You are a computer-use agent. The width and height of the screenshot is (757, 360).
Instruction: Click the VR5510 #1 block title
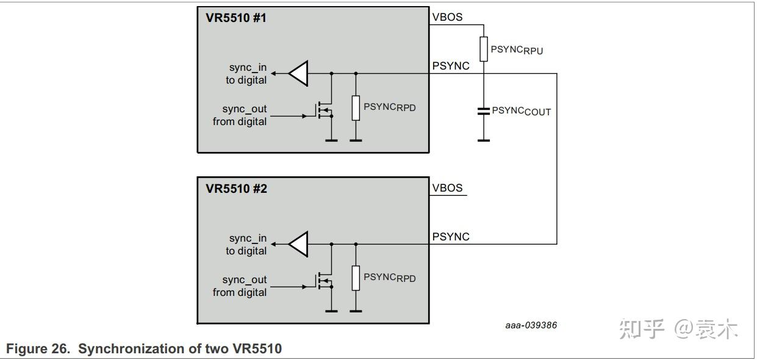tap(236, 18)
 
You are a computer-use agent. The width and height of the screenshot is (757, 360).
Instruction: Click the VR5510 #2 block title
tap(236, 189)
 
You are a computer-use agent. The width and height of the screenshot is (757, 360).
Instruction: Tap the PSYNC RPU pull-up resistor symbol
tap(484, 49)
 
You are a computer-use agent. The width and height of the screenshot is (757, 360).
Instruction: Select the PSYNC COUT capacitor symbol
tap(484, 111)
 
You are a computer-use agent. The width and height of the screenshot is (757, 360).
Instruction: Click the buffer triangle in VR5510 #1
tap(298, 73)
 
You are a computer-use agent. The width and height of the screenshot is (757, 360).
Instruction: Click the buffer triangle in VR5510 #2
tap(298, 244)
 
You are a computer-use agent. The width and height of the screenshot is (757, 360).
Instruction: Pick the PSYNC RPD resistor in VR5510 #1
tap(356, 107)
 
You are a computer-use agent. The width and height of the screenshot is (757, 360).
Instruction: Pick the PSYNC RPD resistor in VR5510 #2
tap(356, 278)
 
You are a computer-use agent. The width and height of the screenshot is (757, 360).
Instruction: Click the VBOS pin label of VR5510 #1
tap(448, 17)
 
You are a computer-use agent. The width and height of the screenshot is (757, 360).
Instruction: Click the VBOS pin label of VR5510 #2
tap(448, 188)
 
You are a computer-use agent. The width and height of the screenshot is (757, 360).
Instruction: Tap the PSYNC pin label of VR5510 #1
tap(451, 66)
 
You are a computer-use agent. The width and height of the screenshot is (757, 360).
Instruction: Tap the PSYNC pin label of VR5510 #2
tap(451, 237)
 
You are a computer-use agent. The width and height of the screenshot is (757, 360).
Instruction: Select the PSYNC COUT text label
tap(522, 112)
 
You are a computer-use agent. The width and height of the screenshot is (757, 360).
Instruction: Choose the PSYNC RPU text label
tap(517, 50)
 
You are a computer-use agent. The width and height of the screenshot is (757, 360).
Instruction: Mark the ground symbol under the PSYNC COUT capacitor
tap(484, 140)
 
